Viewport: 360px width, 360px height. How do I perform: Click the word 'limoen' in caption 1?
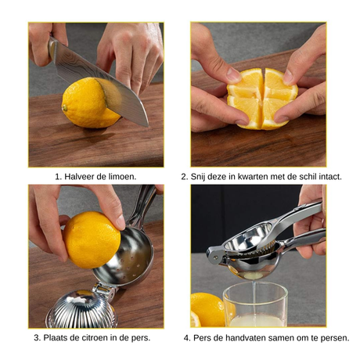click(122, 177)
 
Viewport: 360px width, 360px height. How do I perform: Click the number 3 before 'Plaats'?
click(38, 337)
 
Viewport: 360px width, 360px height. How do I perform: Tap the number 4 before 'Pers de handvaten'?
click(187, 338)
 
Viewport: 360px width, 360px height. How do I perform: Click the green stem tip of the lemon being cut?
click(64, 107)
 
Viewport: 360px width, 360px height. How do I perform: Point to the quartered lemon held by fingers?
click(262, 99)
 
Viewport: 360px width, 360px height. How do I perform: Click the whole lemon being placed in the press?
click(92, 239)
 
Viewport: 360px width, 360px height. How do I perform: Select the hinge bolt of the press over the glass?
click(215, 257)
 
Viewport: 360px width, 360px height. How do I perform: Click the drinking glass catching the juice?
click(255, 304)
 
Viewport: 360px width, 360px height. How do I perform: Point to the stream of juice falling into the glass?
click(254, 297)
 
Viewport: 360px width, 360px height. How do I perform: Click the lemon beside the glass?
click(208, 310)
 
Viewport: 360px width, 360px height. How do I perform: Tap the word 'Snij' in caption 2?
click(196, 177)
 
